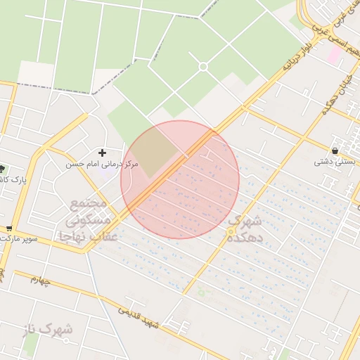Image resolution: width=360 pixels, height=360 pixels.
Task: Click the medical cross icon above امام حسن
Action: click(x=103, y=152)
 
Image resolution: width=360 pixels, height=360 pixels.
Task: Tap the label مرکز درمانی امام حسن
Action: click(x=103, y=164)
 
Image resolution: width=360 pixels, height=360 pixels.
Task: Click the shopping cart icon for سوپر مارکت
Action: click(x=8, y=228)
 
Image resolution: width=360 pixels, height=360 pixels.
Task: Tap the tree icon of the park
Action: click(x=2, y=168)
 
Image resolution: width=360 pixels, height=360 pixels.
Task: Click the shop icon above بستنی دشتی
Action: click(x=335, y=150)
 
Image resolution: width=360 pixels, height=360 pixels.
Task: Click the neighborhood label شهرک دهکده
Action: click(x=244, y=229)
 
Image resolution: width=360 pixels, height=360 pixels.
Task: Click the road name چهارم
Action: click(x=40, y=281)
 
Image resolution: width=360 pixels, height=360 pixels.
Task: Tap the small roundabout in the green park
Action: click(x=203, y=67)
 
